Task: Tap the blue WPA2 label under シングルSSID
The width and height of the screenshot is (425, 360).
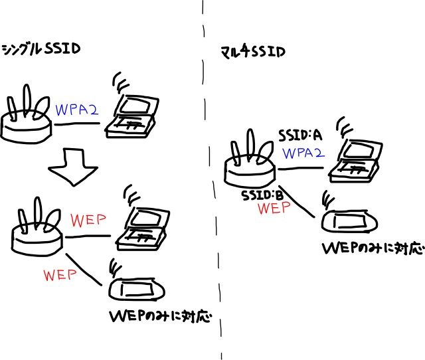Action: click(77, 109)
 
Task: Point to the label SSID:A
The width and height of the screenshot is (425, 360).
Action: click(299, 135)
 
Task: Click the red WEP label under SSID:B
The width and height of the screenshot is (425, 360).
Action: click(275, 209)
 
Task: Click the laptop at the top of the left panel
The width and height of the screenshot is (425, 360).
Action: click(133, 113)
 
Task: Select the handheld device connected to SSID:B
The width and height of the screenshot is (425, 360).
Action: click(349, 221)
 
